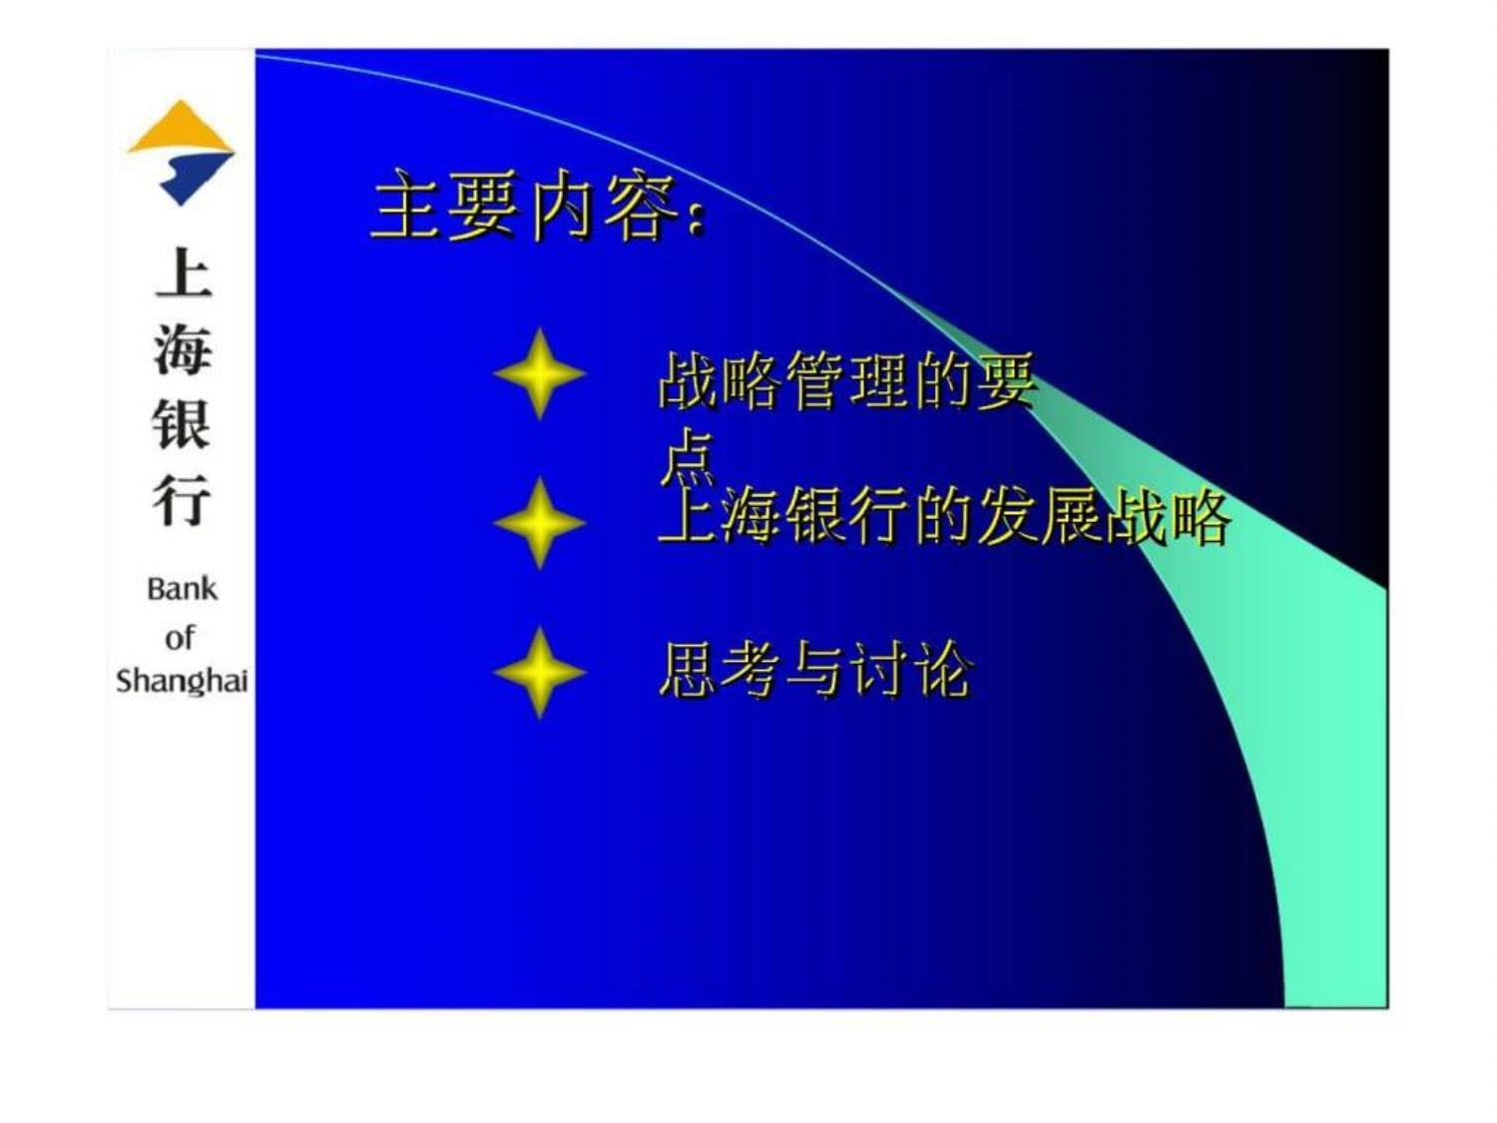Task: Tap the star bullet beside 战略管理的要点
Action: (x=539, y=373)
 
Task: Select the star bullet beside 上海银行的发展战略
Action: (x=539, y=523)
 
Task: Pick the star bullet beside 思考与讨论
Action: (x=539, y=672)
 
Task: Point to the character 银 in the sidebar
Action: (x=182, y=425)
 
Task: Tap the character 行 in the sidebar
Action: (x=182, y=500)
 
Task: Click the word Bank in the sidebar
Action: (x=182, y=589)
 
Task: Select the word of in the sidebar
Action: (x=180, y=638)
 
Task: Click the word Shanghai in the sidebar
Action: (x=182, y=682)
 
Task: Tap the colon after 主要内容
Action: (x=695, y=219)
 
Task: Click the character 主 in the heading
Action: (x=406, y=205)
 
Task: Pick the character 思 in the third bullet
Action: (x=687, y=670)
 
